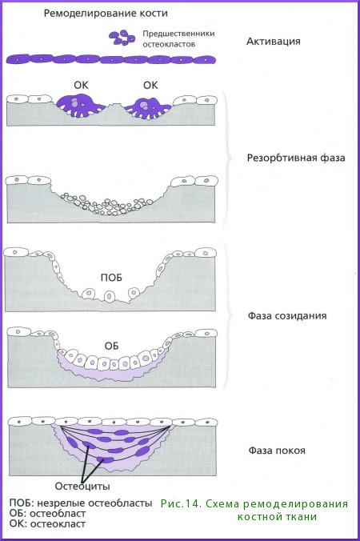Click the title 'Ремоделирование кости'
(x=106, y=14)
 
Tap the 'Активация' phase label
(x=273, y=42)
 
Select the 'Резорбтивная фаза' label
(x=296, y=158)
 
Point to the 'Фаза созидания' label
(x=287, y=315)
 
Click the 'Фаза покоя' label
(x=277, y=451)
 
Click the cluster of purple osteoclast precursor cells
(x=122, y=38)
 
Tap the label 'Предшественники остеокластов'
(x=178, y=38)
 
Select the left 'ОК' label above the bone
(x=81, y=85)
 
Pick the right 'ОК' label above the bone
(x=150, y=85)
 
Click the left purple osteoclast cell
(x=80, y=106)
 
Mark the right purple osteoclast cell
(x=147, y=108)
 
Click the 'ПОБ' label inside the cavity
(x=111, y=278)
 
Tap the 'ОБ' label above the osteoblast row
(x=111, y=346)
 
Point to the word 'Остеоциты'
(x=82, y=486)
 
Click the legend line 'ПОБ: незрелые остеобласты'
(x=81, y=503)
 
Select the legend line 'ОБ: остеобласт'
(x=47, y=514)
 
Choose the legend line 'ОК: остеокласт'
(x=47, y=523)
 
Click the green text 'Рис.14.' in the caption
(x=180, y=503)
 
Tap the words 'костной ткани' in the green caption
(x=277, y=516)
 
